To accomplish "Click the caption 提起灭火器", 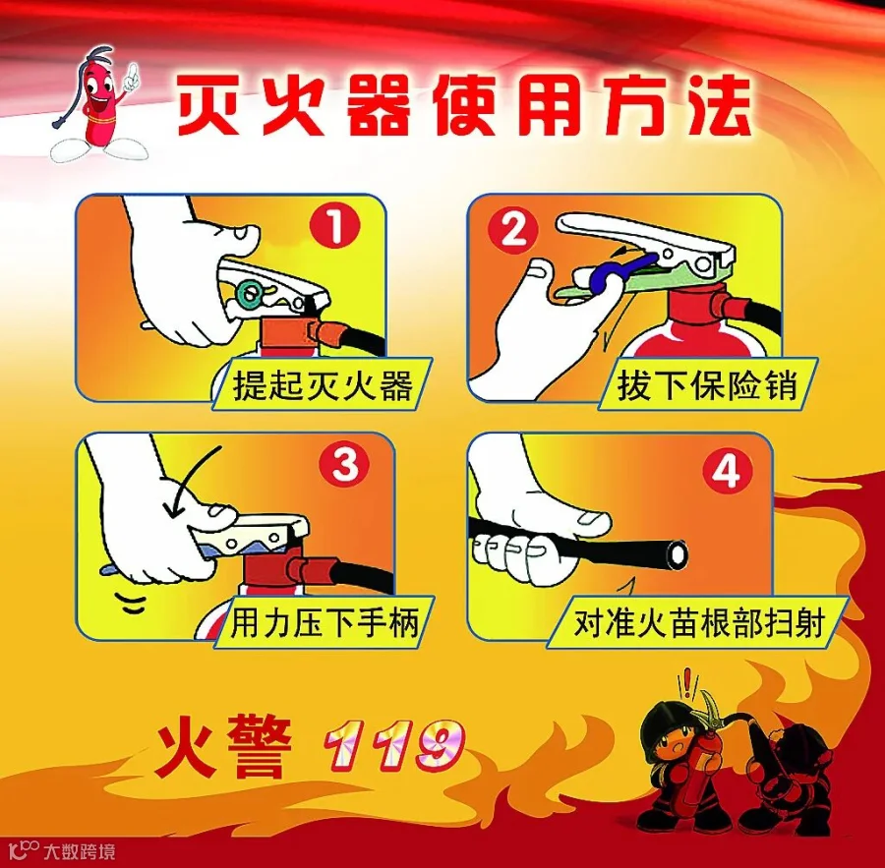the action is point(323,385).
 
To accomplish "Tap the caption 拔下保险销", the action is point(707,385).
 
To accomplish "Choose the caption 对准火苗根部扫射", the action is point(699,623).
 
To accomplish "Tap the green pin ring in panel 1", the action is point(250,293).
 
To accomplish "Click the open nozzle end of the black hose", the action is point(677,553).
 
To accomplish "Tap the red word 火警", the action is point(224,744).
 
